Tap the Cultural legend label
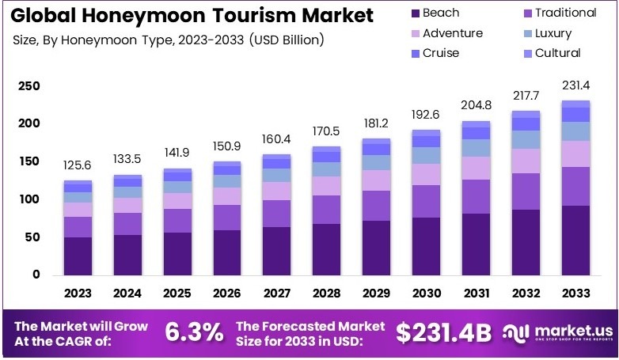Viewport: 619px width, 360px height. (x=557, y=53)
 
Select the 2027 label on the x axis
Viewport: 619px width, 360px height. (x=277, y=293)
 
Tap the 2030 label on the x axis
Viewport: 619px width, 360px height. (x=427, y=293)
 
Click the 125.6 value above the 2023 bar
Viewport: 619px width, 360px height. (x=78, y=165)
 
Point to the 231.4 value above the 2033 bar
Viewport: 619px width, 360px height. (x=576, y=85)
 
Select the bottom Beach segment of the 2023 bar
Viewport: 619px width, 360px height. (x=78, y=256)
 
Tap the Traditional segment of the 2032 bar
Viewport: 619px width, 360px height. (x=526, y=191)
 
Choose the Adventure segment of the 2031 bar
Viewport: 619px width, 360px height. (x=477, y=168)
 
